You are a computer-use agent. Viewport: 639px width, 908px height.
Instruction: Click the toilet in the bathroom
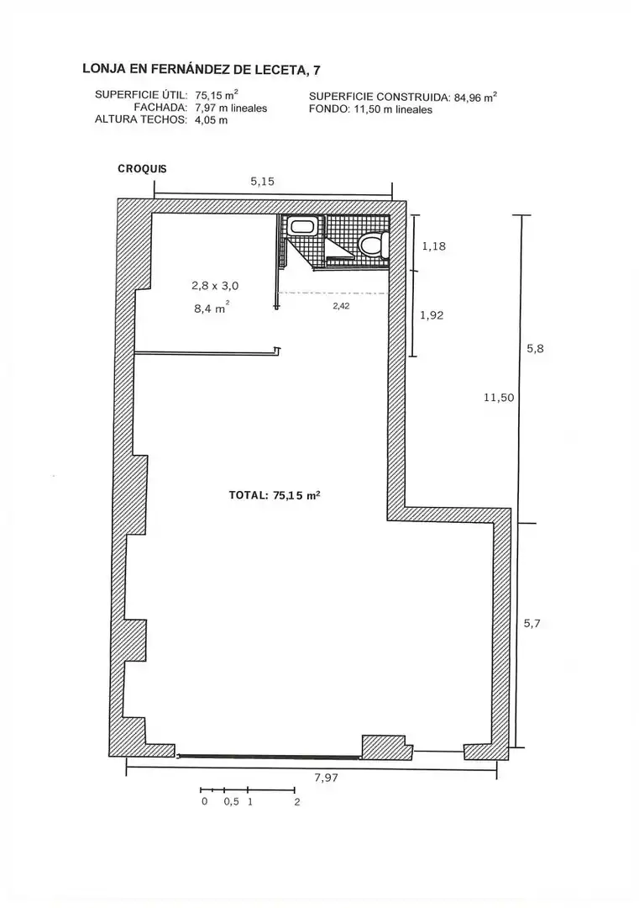point(373,245)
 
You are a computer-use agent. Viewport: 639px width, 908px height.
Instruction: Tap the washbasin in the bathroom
point(301,227)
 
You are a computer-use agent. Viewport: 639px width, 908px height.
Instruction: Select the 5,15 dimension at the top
point(263,182)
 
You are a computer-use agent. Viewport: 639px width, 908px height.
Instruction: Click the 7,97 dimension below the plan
point(326,778)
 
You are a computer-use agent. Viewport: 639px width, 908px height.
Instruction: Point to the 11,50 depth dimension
point(499,398)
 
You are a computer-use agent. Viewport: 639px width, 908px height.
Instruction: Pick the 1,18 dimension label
point(434,246)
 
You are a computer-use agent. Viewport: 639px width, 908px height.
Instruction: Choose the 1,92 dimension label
point(432,315)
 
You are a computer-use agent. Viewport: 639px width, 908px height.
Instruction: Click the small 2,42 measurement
point(341,306)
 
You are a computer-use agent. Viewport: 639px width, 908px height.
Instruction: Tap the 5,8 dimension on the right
point(535,349)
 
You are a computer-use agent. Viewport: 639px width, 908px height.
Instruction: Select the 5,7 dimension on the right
point(532,624)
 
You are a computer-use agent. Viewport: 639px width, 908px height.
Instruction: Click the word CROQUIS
point(142,169)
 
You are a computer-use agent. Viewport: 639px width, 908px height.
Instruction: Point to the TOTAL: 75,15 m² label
point(275,496)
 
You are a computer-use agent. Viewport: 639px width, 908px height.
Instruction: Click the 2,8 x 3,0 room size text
point(215,286)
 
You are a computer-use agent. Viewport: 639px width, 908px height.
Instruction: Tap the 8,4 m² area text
point(212,309)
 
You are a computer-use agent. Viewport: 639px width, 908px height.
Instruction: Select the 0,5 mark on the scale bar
point(231,802)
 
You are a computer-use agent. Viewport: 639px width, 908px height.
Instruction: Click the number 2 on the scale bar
point(297,802)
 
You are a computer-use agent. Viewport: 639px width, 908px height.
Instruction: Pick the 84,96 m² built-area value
point(475,98)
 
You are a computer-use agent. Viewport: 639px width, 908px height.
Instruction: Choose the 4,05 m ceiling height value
point(212,120)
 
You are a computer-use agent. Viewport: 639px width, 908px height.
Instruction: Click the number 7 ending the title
point(317,70)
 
